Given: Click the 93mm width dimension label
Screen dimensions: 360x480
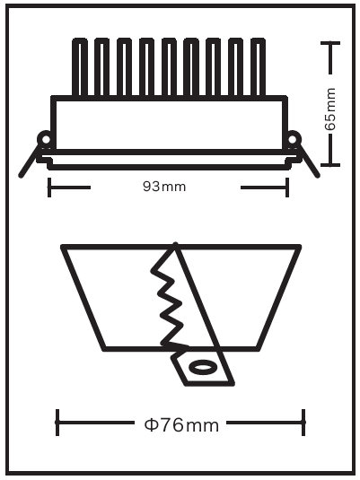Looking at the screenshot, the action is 164,187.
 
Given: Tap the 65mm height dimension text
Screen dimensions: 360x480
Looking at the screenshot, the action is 330,109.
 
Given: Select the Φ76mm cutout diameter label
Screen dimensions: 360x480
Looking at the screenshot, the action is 181,425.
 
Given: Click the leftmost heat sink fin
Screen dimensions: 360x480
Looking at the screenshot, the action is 79,66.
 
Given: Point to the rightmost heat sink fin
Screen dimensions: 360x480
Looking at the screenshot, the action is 258,66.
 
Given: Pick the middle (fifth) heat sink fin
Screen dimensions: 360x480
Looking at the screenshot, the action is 169,66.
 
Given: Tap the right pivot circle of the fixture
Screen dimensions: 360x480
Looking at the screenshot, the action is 293,140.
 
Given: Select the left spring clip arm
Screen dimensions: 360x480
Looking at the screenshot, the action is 30,161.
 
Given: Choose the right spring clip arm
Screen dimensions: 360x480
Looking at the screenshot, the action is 309,161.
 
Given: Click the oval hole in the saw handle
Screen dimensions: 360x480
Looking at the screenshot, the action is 202,367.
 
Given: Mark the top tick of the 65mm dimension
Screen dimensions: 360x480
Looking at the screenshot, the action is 330,43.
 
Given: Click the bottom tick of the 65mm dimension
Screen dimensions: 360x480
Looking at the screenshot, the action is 330,165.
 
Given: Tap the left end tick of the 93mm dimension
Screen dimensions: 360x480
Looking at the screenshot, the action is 49,187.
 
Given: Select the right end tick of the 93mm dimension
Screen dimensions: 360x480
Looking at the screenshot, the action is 287,187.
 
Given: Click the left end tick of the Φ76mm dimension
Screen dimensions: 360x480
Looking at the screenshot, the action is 57,423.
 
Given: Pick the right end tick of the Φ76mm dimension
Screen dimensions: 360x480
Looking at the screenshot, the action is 303,423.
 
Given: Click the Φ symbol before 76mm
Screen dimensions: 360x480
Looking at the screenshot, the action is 151,425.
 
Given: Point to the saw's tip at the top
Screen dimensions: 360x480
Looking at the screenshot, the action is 175,244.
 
